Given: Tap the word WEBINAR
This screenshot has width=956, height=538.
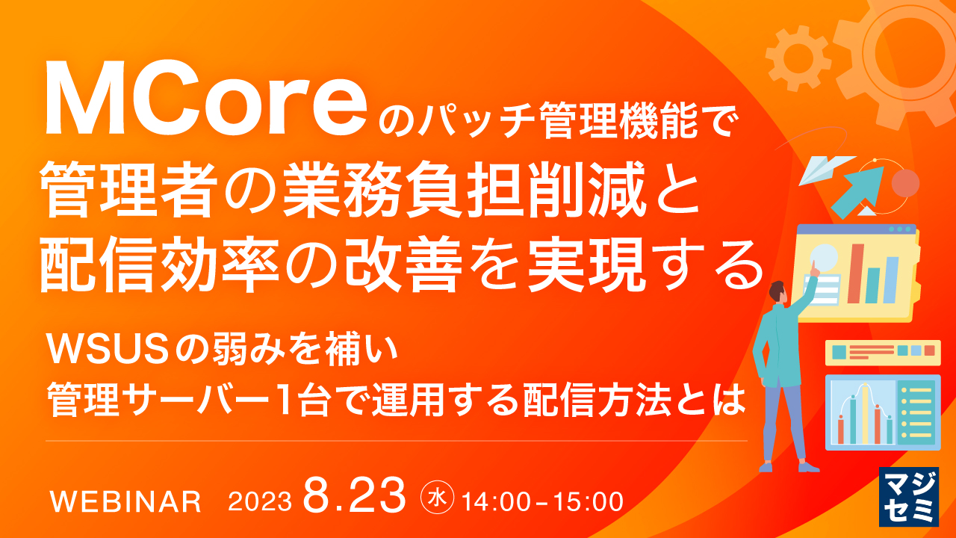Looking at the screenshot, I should click(125, 501).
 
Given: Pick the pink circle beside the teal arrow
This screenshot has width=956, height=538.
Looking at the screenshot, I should click(904, 182).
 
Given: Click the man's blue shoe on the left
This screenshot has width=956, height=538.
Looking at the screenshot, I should click(766, 466).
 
